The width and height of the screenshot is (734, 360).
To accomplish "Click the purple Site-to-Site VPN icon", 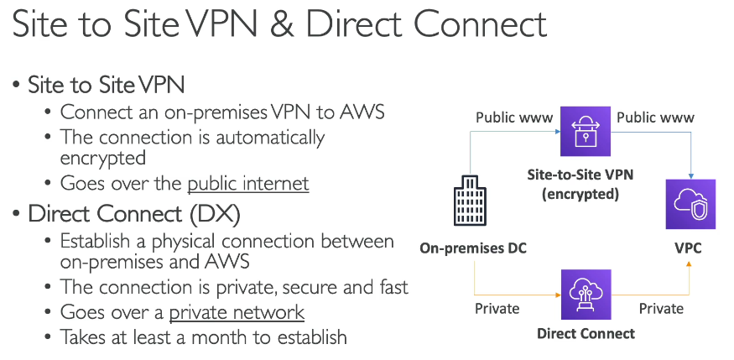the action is point(586,131).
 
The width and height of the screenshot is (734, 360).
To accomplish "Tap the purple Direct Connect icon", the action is point(586,295).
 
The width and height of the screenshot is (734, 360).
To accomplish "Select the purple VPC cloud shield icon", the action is point(691,204).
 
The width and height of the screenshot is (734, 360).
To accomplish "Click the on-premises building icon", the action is point(470,201).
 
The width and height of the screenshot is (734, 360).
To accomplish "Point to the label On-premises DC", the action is point(473,248).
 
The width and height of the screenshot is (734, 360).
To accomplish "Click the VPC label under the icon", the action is point(688,248).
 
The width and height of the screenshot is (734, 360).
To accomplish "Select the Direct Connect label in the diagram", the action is point(586,333).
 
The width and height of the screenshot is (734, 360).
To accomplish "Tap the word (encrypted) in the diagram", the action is point(580,193).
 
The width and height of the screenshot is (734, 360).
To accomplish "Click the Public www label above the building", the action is point(514,117).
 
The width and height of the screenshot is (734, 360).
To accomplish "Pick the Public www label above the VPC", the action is point(655,117).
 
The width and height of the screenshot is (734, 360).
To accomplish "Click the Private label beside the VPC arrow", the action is point(662,309).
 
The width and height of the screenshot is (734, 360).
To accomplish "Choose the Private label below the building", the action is point(497,309).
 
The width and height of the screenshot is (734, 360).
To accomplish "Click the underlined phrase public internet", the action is point(248,183).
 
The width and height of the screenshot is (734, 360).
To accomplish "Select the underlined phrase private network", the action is point(237,312).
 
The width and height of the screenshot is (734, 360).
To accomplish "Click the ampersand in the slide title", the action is point(281,23).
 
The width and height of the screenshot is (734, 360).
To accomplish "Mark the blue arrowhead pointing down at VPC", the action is point(691,176).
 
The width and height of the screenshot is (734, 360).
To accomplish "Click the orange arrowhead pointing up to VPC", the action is point(689,263).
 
